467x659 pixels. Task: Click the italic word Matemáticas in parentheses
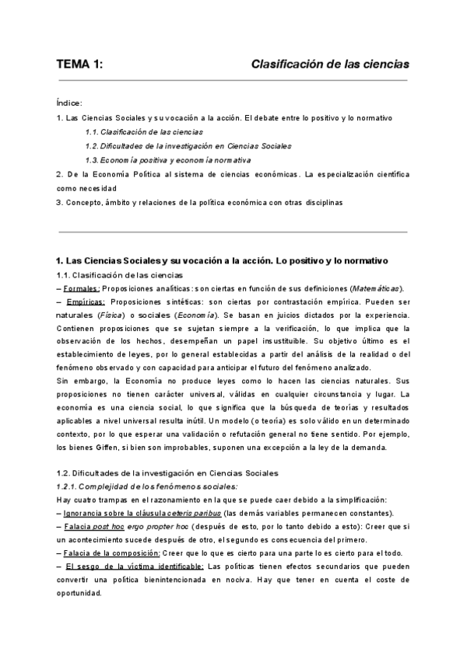pos(374,288)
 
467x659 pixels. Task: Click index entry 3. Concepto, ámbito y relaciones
pos(198,202)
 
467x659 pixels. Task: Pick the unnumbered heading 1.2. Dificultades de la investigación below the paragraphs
pos(167,472)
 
